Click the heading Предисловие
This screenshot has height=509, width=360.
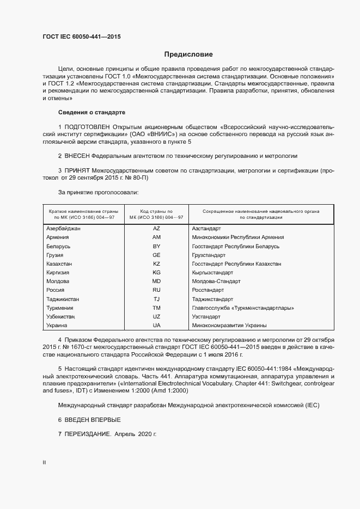point(188,54)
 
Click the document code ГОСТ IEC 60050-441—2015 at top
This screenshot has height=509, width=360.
point(81,37)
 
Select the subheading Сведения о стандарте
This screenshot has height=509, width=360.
point(91,112)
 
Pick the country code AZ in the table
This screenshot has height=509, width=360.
point(156,229)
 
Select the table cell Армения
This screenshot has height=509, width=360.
point(58,237)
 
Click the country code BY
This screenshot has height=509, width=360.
point(156,246)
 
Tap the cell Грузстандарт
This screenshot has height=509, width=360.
point(209,255)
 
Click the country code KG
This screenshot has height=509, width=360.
point(156,272)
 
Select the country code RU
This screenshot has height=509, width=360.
point(156,290)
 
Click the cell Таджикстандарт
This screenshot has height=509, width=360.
point(212,299)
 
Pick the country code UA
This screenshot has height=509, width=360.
point(156,325)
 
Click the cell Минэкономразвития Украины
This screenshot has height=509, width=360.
point(229,325)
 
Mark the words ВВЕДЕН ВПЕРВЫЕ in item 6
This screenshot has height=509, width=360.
point(93,420)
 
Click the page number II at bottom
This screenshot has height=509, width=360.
point(44,463)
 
